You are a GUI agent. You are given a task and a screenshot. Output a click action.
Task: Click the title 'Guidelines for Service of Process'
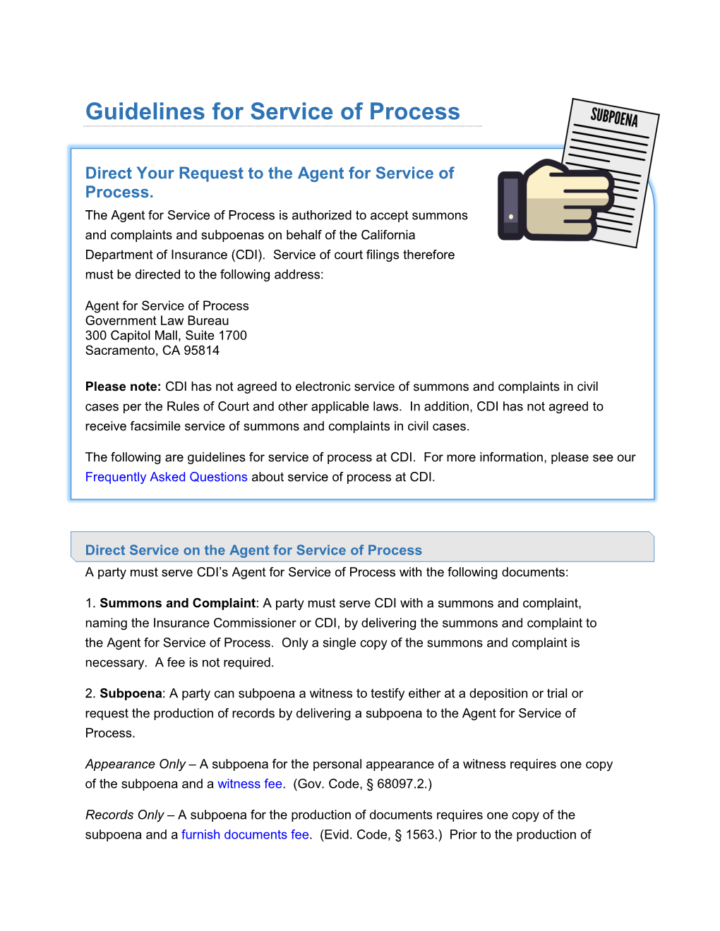click(272, 111)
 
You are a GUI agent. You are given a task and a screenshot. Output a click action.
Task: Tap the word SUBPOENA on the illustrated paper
click(614, 116)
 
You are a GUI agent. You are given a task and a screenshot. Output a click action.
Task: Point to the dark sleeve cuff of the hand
click(510, 205)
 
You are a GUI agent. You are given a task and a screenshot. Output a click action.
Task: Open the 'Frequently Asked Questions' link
click(166, 477)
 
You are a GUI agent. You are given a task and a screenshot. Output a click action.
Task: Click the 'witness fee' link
click(250, 784)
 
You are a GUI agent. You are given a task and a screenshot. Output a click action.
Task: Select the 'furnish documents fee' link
click(245, 834)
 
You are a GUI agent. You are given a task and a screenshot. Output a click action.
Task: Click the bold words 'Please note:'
click(123, 387)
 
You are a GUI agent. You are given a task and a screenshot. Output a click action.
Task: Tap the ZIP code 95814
click(201, 351)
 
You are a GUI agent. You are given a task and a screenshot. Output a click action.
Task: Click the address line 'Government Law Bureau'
click(157, 321)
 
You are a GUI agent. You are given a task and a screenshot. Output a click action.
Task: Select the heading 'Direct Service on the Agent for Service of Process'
click(253, 550)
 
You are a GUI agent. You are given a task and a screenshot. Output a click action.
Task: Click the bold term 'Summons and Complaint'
click(177, 603)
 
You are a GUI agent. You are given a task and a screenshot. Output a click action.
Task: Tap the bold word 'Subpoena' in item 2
click(131, 693)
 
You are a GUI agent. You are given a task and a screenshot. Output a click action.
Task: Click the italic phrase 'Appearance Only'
click(135, 764)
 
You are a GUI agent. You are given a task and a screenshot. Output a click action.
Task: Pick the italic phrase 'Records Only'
click(124, 815)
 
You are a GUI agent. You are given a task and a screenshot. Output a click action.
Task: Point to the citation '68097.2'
click(401, 784)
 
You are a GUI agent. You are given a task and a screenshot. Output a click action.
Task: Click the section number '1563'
click(421, 834)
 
